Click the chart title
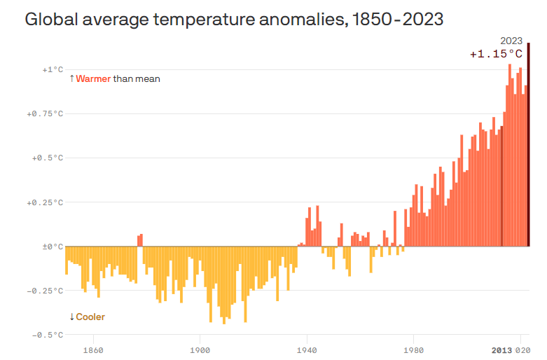pos(234,19)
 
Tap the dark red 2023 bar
pos(529,144)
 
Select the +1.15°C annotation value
pos(496,54)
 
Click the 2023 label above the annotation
pos(511,41)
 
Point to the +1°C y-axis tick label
pos(53,70)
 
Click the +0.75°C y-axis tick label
pos(45,114)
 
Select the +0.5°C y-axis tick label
pos(48,158)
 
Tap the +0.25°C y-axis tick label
pos(45,202)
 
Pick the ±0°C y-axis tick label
pos(53,247)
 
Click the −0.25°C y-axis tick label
pos(45,291)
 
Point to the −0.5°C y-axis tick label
pos(48,335)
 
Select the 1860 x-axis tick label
pos(93,351)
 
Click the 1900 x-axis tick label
pos(200,351)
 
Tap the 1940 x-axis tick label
pos(307,351)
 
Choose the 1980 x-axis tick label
pos(414,351)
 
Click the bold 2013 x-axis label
pos(501,351)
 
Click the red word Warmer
pos(93,79)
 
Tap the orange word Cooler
pos(90,317)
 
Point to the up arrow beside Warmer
pos(72,78)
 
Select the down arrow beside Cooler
pos(72,317)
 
